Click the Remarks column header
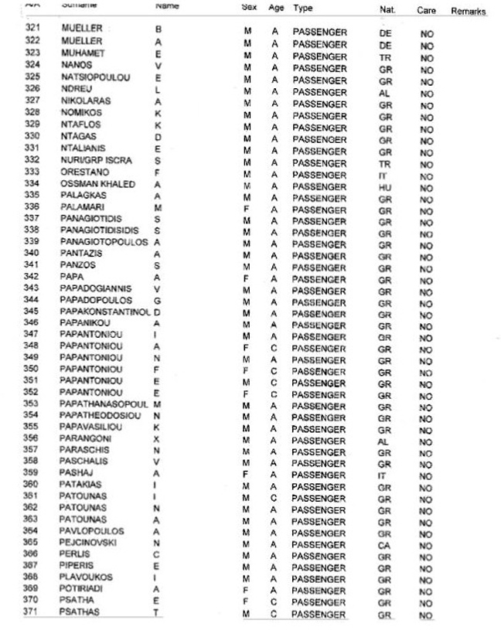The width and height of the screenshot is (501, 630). click(x=468, y=12)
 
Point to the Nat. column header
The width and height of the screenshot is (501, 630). click(x=387, y=10)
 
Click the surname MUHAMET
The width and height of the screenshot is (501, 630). click(x=83, y=53)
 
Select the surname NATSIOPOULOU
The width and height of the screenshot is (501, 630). click(x=94, y=77)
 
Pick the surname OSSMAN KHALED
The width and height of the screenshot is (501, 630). click(x=97, y=184)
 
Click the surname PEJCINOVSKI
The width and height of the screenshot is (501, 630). click(x=91, y=543)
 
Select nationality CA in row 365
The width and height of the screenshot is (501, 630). click(x=385, y=545)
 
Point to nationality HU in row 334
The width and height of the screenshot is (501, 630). click(x=385, y=188)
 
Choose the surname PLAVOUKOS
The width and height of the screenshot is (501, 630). click(x=86, y=577)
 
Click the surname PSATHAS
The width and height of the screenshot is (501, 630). click(x=79, y=612)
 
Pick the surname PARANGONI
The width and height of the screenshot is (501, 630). click(x=85, y=438)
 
